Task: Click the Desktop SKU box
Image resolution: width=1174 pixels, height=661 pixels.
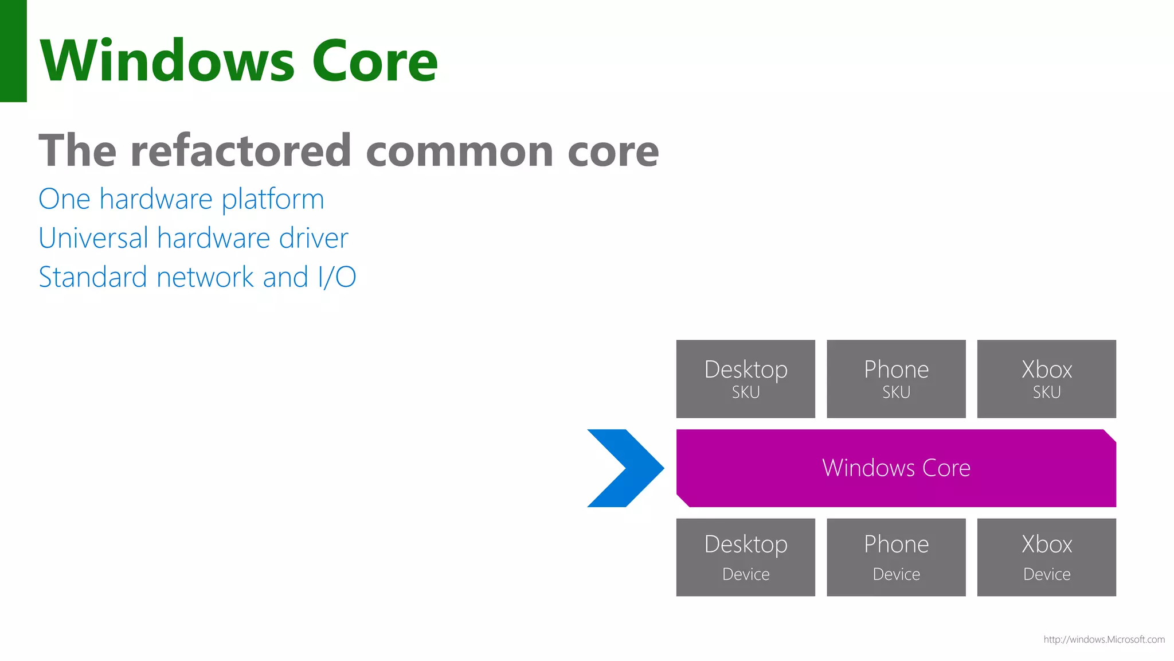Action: coord(745,379)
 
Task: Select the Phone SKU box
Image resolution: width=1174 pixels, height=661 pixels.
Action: coord(896,379)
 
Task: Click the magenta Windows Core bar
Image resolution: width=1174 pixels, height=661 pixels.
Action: coord(896,468)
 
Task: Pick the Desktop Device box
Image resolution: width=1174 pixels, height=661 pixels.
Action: coord(745,557)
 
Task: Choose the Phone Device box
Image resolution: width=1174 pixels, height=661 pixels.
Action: coord(896,557)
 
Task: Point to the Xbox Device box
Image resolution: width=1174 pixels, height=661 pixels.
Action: coord(1046,557)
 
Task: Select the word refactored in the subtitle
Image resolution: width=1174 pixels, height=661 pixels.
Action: coord(241,150)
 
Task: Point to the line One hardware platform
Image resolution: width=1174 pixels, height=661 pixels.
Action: coord(181,200)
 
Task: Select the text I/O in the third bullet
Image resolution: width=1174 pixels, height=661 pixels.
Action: coord(336,277)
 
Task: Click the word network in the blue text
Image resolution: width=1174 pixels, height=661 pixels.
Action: coord(205,277)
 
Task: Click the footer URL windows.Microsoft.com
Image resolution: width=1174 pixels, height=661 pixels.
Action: coord(1103,639)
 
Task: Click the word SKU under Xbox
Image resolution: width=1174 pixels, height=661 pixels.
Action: coord(1046,392)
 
